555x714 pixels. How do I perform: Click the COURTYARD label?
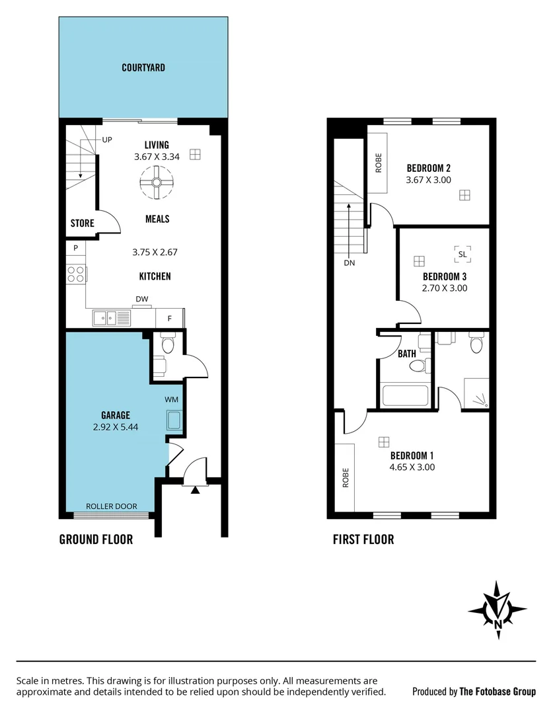tap(143, 67)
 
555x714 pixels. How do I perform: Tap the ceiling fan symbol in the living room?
tap(157, 182)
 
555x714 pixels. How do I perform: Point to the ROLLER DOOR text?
tap(112, 506)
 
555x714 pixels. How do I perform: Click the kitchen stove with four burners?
tap(76, 273)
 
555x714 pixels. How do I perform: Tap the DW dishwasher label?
tap(142, 299)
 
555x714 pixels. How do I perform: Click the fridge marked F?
tap(170, 319)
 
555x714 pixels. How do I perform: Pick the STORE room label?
tap(83, 223)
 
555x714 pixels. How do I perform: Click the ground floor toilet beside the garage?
tap(166, 344)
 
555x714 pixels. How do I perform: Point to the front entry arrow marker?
tap(195, 490)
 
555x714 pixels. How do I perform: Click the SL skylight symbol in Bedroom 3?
tap(462, 253)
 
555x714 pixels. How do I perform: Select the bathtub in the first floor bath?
tap(406, 395)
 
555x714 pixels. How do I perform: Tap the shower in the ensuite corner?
tap(476, 394)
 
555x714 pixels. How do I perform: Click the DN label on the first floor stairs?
tap(350, 262)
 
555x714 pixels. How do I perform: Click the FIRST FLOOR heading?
tap(363, 539)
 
